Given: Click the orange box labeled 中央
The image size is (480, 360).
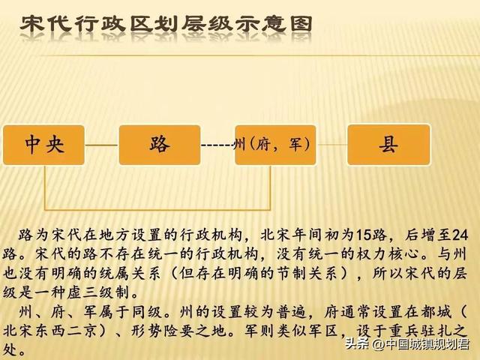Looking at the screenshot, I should [43, 144].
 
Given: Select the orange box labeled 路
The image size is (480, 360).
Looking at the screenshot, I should [159, 144].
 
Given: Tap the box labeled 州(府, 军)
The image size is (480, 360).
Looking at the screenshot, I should [275, 144].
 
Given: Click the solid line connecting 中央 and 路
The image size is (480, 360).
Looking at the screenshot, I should [101, 145].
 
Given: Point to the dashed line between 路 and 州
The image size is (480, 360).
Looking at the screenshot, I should [217, 145].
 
